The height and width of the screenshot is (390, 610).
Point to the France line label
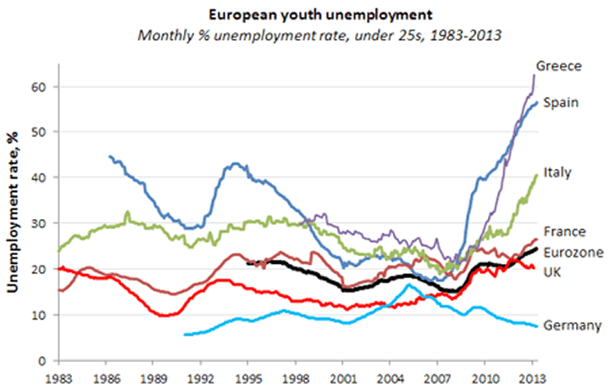click(x=563, y=230)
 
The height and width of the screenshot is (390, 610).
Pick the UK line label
click(x=552, y=271)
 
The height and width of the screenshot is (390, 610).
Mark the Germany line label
click(x=572, y=326)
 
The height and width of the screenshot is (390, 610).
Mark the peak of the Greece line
click(x=535, y=74)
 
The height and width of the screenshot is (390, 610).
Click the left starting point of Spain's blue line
click(x=110, y=156)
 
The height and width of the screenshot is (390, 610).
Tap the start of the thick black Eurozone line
click(x=247, y=263)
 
